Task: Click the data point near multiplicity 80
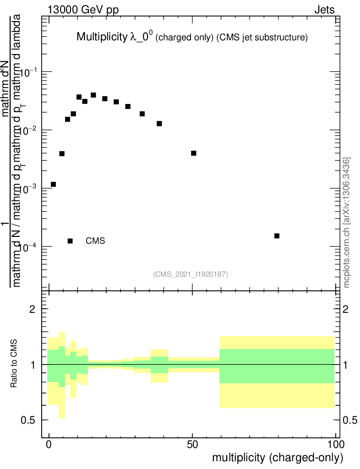277,236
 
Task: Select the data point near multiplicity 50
194,153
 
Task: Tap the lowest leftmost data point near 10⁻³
53,185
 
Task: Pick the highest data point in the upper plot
93,95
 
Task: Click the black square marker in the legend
70,241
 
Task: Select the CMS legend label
95,241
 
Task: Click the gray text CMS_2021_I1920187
190,274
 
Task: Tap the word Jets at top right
324,10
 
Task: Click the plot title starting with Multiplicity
191,38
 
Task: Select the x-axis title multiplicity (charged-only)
277,458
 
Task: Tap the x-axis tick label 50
192,444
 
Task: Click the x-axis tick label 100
335,444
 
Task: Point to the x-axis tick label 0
49,444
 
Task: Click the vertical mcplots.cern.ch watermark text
347,222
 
